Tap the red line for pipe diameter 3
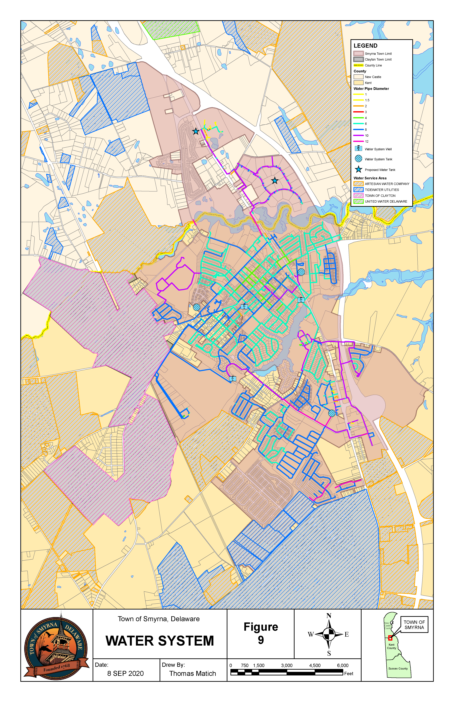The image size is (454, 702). [x=359, y=112]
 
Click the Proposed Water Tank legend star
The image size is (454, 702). [x=359, y=169]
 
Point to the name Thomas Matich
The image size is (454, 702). [x=192, y=673]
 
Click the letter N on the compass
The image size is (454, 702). [x=329, y=616]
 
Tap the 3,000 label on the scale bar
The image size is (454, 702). [x=287, y=665]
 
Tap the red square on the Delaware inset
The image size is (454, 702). [x=390, y=638]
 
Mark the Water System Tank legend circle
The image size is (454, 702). [x=359, y=159]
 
